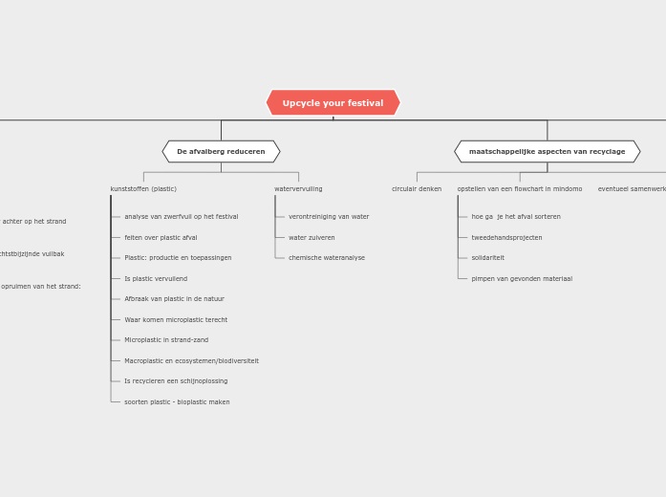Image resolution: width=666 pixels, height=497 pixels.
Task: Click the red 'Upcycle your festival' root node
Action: (333, 103)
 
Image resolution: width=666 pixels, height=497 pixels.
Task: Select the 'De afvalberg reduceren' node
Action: (221, 152)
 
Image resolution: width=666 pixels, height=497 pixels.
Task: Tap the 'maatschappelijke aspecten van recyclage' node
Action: (547, 152)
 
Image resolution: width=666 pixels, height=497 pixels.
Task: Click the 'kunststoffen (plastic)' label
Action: (143, 189)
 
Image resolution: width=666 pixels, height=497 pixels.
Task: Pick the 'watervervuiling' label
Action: (298, 189)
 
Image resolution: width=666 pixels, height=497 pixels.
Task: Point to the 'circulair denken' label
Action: (417, 189)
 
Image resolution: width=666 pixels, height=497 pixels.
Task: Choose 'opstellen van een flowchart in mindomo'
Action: (520, 189)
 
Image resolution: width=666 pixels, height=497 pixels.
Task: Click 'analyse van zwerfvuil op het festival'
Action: (182, 217)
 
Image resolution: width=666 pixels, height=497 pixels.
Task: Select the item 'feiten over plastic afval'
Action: (161, 238)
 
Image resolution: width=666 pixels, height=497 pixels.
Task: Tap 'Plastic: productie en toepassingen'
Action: (178, 258)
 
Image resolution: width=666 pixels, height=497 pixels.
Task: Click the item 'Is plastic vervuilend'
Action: (156, 279)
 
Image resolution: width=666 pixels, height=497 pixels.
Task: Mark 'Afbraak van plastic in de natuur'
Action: (174, 299)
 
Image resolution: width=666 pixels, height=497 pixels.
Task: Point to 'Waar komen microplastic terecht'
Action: (176, 320)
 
